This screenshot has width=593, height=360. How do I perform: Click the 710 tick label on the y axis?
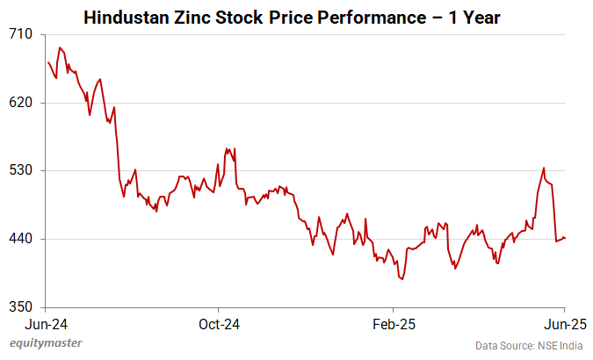pos(21,34)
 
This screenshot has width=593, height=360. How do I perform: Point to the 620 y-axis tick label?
pos(21,103)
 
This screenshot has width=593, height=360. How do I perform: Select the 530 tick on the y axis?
pos(21,170)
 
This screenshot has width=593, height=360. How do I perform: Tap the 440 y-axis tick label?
pos(21,239)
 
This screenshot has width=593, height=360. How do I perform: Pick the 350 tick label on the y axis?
pos(21,307)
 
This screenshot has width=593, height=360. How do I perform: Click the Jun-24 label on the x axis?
pos(47,323)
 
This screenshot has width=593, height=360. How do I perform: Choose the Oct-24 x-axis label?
pos(220,323)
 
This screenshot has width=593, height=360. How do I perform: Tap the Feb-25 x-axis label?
pos(393,323)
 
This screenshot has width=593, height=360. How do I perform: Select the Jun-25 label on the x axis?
pos(564,323)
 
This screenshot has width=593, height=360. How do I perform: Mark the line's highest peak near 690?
pos(59,47)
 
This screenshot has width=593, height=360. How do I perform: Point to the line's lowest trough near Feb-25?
pos(402,279)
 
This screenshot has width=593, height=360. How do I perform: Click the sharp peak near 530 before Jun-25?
pos(544,168)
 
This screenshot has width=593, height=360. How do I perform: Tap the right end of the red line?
pos(565,238)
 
